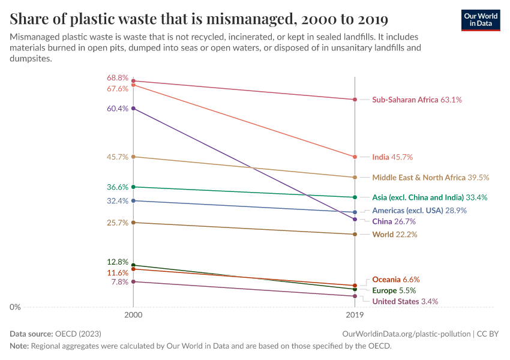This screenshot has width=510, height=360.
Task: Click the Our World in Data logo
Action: pos(480,20)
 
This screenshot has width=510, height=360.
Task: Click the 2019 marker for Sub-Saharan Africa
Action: pos(355,100)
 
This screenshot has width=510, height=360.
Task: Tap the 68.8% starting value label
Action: pos(118,78)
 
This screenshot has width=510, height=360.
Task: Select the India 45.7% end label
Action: pos(392,157)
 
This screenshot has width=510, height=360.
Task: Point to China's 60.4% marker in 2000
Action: pos(133,109)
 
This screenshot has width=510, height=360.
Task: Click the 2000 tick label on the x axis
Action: pos(133,314)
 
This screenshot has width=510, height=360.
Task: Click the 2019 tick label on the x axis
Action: pos(355,314)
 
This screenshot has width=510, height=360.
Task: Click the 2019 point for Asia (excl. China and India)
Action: pos(355,197)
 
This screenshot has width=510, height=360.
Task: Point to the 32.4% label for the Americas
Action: pos(118,201)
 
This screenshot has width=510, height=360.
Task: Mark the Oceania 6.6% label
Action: pos(395,280)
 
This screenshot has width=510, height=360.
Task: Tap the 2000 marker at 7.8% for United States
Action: pos(133,281)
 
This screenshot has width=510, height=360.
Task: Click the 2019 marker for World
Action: pos(355,235)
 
